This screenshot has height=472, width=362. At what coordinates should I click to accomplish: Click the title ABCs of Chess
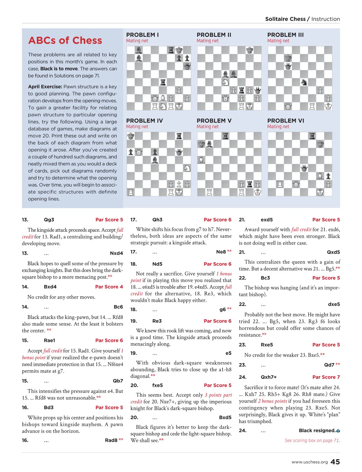[x=65, y=40]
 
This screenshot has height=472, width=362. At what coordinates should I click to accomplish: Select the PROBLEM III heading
[x=285, y=35]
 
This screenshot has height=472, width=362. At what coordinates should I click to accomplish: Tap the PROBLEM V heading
[x=214, y=121]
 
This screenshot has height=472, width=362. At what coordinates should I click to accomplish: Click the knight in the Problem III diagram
[x=304, y=82]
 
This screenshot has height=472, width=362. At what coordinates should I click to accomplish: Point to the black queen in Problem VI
[x=304, y=168]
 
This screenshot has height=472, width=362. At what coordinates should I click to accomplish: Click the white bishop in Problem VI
[x=320, y=176]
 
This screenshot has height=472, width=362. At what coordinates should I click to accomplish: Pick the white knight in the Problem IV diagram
[x=187, y=168]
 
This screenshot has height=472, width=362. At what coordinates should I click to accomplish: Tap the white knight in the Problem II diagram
[x=225, y=82]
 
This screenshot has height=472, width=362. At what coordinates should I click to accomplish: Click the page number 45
[x=335, y=462]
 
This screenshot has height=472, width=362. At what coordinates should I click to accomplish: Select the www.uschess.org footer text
[x=310, y=462]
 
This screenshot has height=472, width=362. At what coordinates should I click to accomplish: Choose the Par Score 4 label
[x=109, y=287]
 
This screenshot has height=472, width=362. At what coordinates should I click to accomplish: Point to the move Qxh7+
[x=268, y=377]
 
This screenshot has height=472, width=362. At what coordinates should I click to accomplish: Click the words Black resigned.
[x=317, y=430]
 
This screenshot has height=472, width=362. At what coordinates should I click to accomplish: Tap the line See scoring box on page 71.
[x=312, y=440]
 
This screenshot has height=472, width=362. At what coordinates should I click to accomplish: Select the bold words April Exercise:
[x=45, y=87]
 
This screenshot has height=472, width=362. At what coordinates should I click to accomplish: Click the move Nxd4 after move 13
[x=116, y=253]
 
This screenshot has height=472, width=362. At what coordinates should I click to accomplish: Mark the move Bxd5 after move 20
[x=225, y=417]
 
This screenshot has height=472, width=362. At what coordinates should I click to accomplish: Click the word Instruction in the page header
[x=325, y=19]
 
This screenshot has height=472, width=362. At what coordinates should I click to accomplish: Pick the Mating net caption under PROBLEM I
[x=137, y=41]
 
